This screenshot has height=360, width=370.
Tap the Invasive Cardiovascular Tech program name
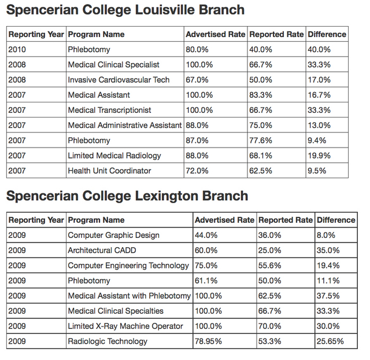coord(119,80)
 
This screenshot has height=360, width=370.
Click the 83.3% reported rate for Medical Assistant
coord(261,95)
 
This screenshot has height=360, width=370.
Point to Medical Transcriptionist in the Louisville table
coord(109,110)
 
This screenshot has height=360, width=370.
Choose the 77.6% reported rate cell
coord(261,141)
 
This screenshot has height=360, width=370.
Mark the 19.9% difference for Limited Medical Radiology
coord(319,156)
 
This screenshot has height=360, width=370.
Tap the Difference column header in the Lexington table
coord(336,220)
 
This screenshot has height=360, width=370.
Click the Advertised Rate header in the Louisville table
coord(216,35)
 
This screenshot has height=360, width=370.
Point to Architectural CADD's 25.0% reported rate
coord(269,251)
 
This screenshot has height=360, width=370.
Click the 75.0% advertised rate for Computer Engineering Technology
coord(206,266)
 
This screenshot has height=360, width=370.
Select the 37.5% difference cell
coord(328,296)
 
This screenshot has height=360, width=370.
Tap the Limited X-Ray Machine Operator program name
coord(125,326)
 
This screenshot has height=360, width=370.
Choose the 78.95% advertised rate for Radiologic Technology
coord(208,341)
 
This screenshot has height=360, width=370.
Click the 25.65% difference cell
coord(330,341)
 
